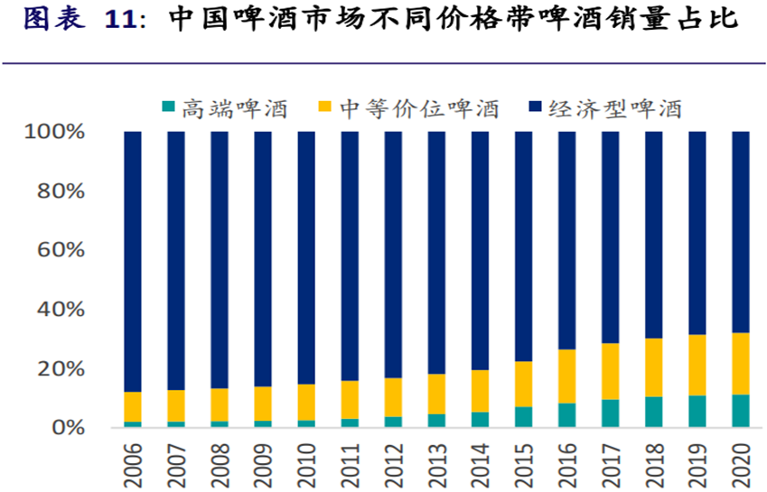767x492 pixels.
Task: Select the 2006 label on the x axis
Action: click(133, 462)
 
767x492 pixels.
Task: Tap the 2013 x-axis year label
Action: click(437, 462)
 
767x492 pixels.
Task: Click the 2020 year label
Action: click(741, 462)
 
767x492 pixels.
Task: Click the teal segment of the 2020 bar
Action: click(741, 411)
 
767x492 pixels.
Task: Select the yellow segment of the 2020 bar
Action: click(741, 364)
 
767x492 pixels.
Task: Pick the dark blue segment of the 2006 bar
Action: click(133, 262)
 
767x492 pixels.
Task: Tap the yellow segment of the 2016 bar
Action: click(567, 376)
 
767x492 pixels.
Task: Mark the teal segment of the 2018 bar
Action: click(654, 412)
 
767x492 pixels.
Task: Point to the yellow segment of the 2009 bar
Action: click(263, 404)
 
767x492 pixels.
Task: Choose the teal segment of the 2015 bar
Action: click(524, 417)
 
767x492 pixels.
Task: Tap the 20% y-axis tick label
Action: click(60, 369)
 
